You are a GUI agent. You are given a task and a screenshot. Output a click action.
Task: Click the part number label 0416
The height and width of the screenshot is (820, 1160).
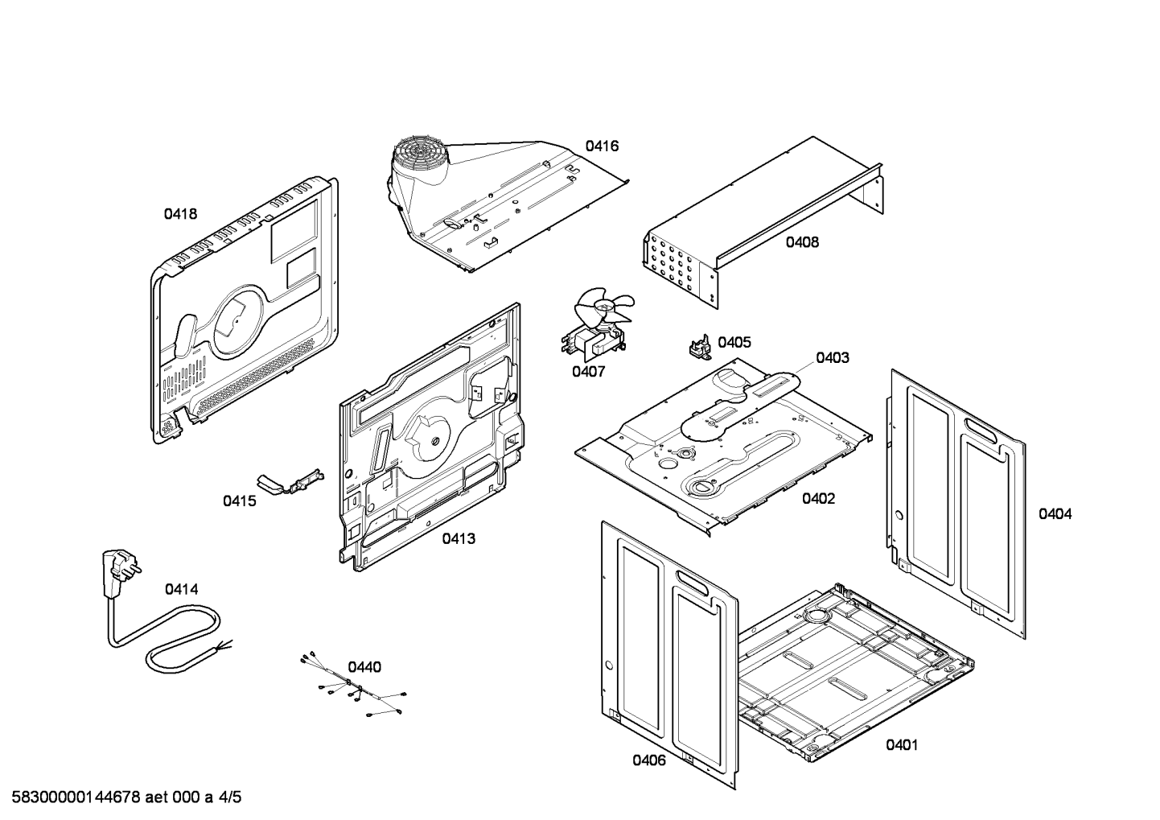(602, 146)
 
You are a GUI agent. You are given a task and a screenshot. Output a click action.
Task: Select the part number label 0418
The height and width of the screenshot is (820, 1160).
(180, 214)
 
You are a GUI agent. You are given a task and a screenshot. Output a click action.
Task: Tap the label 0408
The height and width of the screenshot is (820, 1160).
(802, 241)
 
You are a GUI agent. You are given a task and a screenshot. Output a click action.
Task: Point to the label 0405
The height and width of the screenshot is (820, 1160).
(734, 342)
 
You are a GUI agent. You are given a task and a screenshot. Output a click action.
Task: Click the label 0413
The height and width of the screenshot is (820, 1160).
(458, 538)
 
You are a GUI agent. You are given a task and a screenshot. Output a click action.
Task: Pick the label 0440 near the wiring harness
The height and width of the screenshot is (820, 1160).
(364, 667)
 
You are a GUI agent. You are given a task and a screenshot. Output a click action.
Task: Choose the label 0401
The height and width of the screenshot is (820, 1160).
(902, 745)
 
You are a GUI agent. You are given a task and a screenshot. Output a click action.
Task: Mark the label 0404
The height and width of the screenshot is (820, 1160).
(1054, 513)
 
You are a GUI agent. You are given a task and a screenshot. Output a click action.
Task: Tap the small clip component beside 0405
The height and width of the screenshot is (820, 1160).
(697, 348)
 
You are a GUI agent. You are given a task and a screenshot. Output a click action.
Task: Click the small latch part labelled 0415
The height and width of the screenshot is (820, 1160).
(290, 482)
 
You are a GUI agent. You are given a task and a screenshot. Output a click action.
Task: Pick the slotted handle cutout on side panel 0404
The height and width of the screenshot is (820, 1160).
(986, 427)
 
